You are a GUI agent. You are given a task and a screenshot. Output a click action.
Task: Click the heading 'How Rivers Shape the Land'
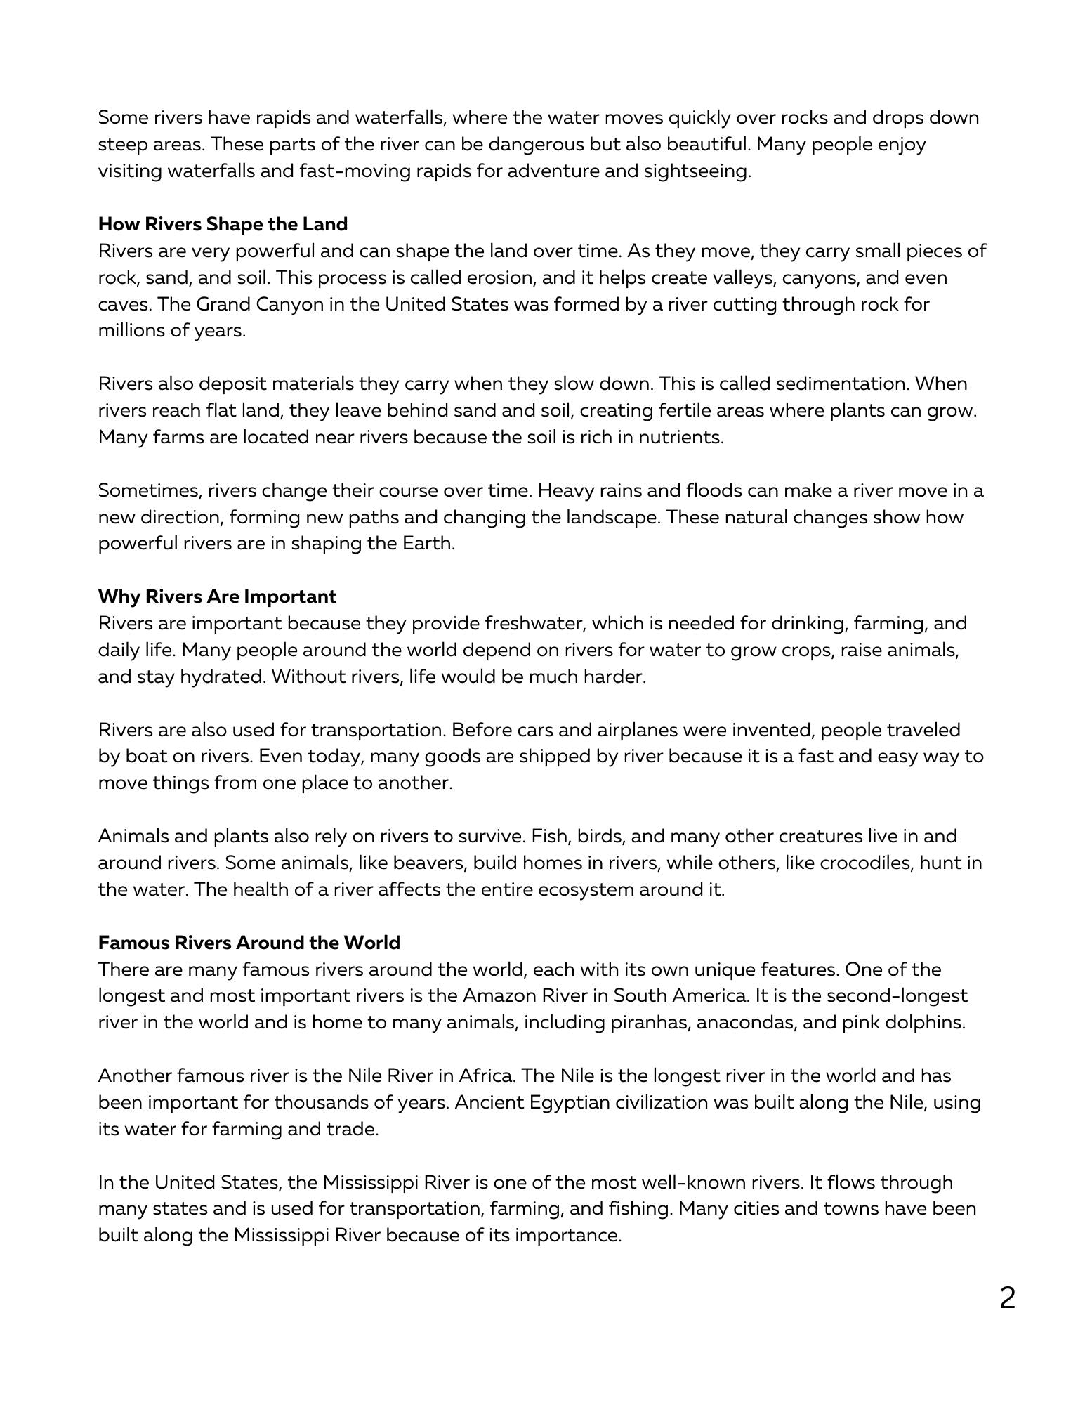223,224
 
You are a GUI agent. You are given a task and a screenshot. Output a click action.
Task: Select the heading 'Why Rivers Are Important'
217,596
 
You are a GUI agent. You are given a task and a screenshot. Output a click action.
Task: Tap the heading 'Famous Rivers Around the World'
249,943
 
